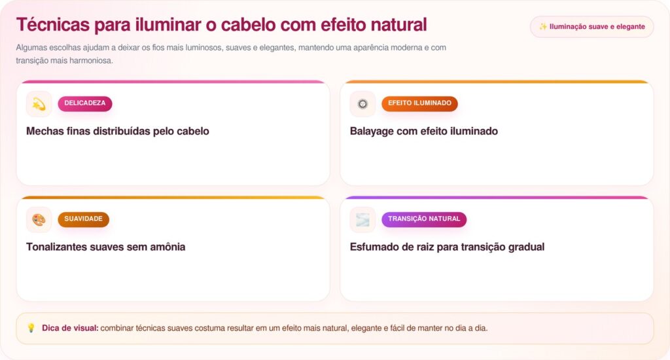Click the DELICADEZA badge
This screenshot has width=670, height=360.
click(85, 103)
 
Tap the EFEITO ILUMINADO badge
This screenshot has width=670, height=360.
click(419, 103)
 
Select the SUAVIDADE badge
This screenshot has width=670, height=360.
click(83, 219)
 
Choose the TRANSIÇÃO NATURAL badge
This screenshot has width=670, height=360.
click(424, 219)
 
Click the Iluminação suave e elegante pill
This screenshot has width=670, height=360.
click(591, 27)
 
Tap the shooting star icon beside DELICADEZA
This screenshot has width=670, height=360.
click(39, 104)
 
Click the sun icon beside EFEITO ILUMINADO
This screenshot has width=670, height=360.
click(362, 104)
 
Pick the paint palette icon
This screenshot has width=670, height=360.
click(39, 220)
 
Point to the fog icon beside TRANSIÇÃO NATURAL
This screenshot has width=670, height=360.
click(362, 220)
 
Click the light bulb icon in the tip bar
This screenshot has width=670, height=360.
click(31, 328)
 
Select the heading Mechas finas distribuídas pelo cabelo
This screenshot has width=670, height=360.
click(118, 132)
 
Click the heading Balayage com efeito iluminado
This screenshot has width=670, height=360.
click(424, 132)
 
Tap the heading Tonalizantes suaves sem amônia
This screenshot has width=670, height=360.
click(105, 247)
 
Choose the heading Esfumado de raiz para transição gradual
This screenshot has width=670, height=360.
click(447, 247)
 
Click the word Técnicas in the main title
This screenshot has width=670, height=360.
click(53, 25)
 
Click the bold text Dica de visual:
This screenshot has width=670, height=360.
click(70, 328)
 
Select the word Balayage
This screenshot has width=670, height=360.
click(372, 132)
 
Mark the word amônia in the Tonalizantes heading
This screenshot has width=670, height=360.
click(167, 247)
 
